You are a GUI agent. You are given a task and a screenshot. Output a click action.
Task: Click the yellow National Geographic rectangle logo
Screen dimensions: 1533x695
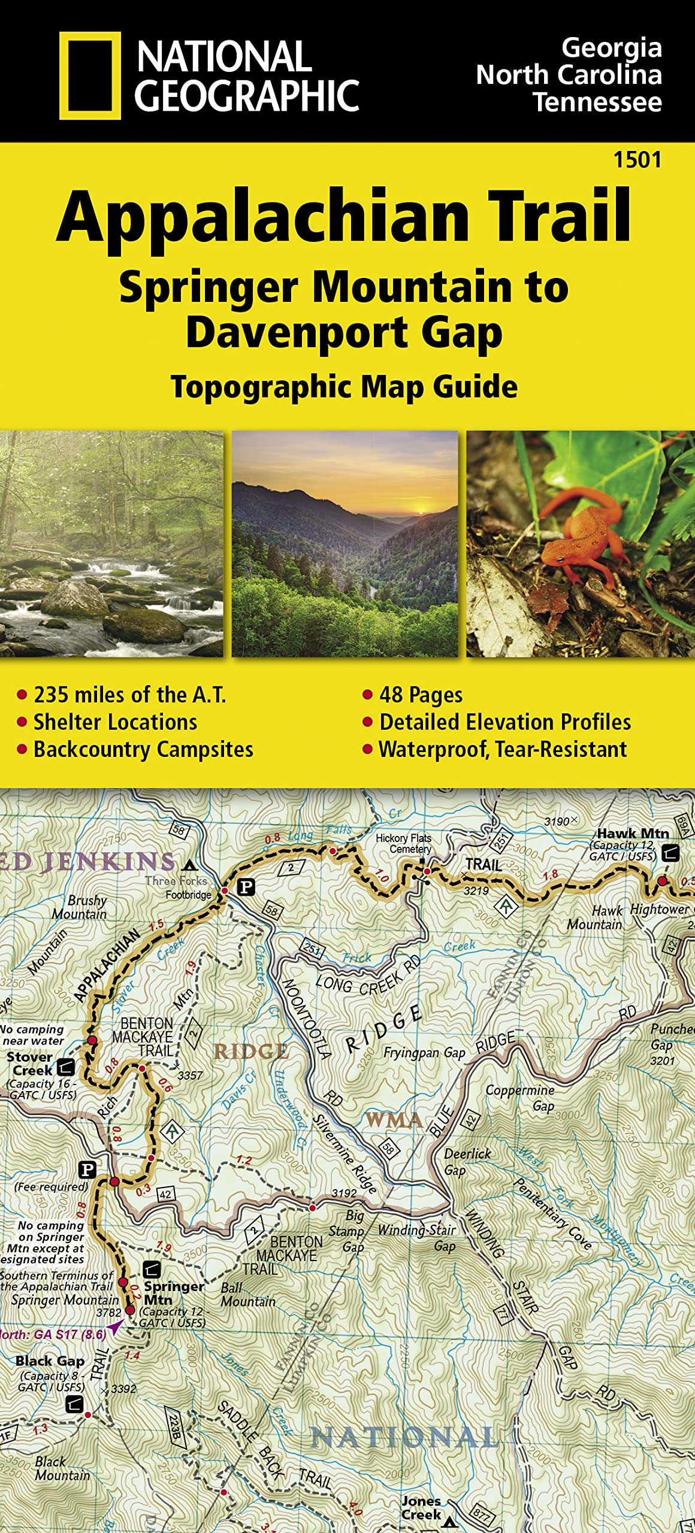89,75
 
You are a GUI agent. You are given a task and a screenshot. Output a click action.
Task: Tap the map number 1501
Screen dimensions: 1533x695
637,160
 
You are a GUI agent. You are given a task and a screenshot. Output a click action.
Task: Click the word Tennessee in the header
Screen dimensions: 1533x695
597,102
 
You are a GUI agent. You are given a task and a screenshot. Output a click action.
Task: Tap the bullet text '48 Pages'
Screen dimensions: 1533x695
421,695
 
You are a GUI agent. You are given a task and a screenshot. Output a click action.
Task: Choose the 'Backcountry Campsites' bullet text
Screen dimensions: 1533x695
143,749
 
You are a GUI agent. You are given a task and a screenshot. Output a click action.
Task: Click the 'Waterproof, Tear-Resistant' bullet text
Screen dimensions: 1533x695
503,749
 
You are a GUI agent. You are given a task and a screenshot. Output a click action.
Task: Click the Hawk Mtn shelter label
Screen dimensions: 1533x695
632,834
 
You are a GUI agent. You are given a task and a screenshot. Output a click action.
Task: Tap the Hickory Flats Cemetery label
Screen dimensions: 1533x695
403,843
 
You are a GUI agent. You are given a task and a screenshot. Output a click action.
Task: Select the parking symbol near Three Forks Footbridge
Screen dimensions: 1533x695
246,887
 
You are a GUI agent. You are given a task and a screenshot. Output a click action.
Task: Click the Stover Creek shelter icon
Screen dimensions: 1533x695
65,1066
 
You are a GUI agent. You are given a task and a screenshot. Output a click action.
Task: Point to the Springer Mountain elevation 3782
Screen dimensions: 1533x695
109,1313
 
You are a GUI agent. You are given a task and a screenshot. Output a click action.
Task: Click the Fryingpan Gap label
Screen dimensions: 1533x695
424,1053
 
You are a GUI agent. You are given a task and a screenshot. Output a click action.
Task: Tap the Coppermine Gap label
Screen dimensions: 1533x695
520,1097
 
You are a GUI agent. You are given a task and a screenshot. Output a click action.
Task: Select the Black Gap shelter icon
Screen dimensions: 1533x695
74,1403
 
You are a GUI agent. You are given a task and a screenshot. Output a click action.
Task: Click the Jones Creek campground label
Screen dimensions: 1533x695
421,1507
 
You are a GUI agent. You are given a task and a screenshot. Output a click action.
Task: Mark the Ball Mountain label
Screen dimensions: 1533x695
247,1295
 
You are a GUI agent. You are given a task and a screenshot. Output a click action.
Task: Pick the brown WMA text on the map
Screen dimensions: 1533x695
394,1120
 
